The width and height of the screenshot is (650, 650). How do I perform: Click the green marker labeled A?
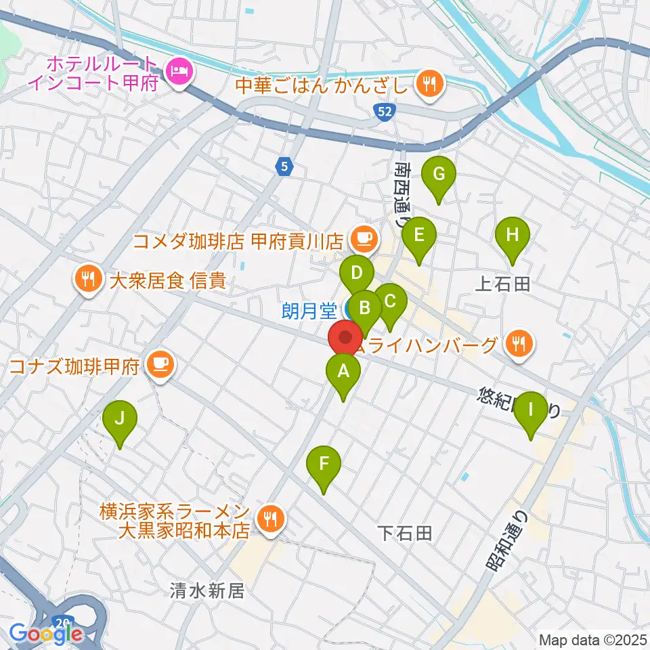point(343,371)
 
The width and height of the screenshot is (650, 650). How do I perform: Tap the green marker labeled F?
point(324,465)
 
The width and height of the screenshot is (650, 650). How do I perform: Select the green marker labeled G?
point(438,175)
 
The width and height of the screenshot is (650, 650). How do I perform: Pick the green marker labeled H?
point(513,236)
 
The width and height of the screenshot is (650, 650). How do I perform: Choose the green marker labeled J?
point(120,418)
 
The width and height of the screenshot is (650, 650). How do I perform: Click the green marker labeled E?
point(419,236)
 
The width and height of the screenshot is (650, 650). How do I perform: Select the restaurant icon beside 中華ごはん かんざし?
point(429,85)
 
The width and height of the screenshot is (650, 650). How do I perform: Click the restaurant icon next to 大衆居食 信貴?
point(88,280)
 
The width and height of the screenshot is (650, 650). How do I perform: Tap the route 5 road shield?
point(285,165)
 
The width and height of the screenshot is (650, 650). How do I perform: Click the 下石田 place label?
point(404,534)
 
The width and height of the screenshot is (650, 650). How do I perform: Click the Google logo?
point(45,634)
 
